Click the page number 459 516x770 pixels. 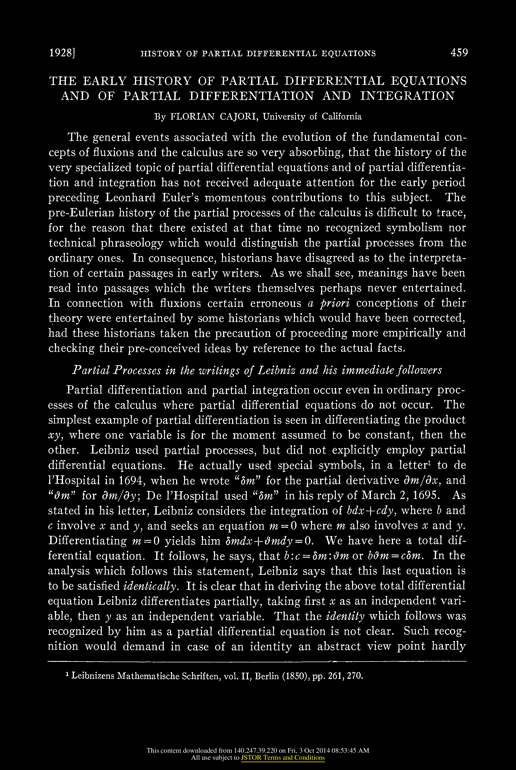pos(459,53)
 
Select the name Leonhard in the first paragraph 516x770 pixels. pos(130,197)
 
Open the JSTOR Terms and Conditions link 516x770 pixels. pos(283,758)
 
